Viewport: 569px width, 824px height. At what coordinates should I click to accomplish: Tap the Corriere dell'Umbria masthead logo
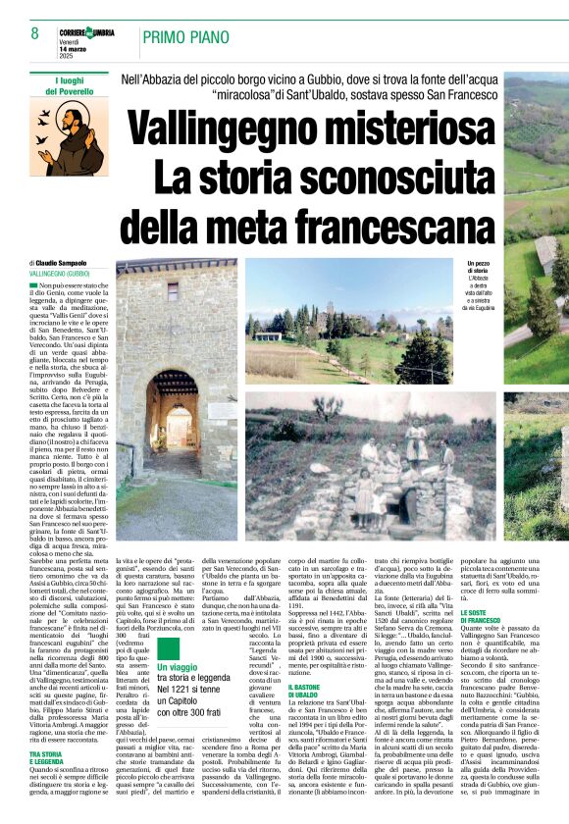(85, 32)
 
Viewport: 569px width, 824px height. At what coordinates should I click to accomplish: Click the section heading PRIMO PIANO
(183, 37)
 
